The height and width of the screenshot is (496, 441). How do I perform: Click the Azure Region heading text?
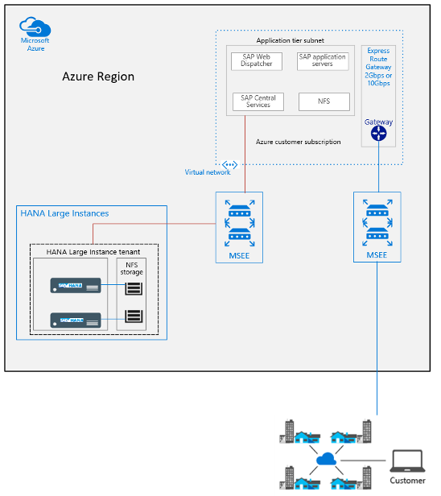98,76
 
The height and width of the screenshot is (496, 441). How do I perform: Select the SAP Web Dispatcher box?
257,60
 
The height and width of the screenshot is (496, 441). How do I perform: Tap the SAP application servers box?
323,60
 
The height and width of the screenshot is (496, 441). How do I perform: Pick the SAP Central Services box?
257,101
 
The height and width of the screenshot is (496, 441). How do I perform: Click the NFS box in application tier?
324,101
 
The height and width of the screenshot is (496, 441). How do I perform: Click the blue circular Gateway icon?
378,134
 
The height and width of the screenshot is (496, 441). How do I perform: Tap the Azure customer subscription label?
298,142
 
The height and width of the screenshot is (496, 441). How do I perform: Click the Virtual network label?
207,172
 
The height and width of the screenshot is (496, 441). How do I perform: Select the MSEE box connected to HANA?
238,225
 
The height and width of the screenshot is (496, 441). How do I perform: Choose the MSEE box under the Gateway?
378,225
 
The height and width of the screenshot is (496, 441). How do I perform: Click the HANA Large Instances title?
64,213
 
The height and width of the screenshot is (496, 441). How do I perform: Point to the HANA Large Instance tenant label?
93,252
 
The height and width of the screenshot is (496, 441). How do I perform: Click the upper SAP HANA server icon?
76,285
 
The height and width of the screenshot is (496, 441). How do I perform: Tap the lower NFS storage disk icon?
133,316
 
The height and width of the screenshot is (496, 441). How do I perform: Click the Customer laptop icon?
407,461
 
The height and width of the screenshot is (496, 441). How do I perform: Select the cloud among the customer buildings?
326,460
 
